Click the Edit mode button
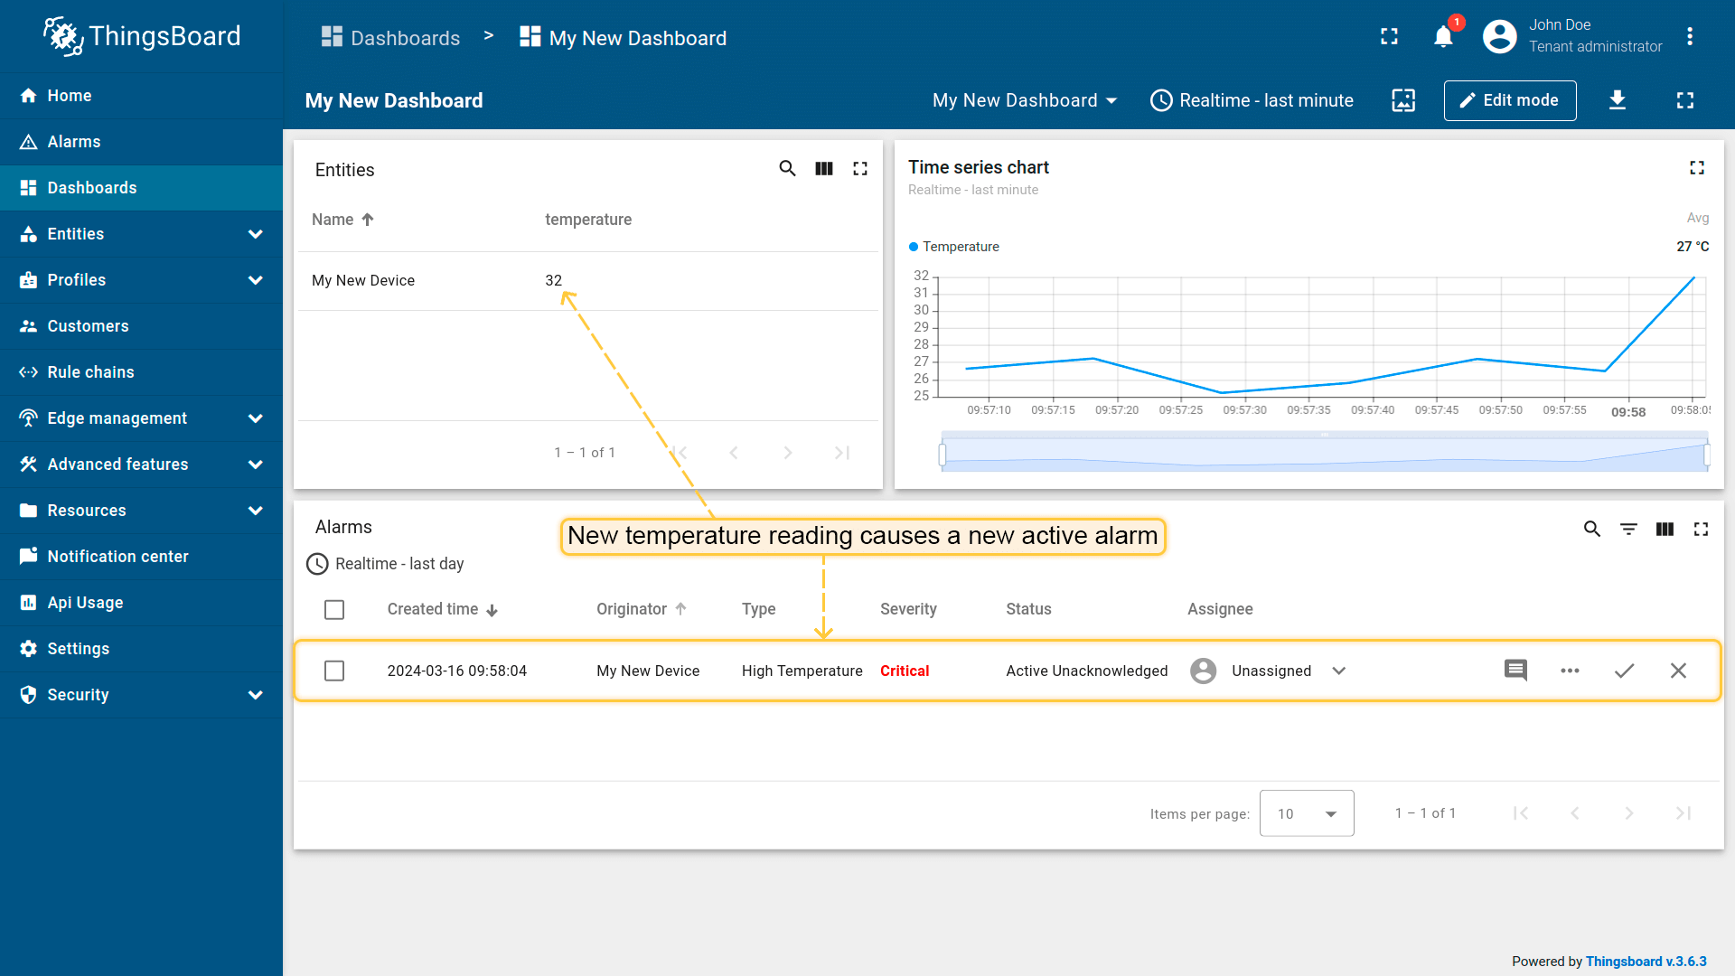(1510, 100)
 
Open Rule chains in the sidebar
(90, 372)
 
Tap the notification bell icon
(1443, 37)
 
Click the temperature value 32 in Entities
(553, 280)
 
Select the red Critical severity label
(905, 671)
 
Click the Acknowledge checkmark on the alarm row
(1624, 671)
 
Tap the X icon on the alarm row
(1678, 671)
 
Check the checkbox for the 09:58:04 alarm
(334, 671)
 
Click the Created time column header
(433, 609)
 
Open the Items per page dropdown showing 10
(1307, 813)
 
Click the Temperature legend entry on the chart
(960, 247)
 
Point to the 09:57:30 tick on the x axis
(1244, 409)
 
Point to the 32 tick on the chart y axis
(921, 276)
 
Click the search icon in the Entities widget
(787, 169)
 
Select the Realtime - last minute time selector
(1252, 100)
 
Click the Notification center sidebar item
(117, 557)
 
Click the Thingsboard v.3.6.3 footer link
(1646, 962)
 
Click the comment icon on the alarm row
(1515, 671)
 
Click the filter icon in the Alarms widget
(1628, 529)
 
